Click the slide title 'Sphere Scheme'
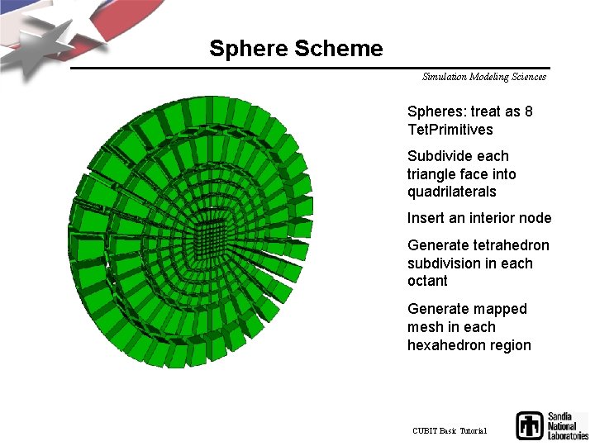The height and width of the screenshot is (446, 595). [x=296, y=49]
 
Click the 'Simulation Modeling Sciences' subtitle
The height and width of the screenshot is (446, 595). [x=483, y=77]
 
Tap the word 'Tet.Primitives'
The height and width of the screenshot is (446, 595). [x=450, y=130]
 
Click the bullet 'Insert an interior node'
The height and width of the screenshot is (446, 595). [x=479, y=219]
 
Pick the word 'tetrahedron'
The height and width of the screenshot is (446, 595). [x=512, y=245]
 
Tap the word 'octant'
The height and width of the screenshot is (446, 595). [x=427, y=281]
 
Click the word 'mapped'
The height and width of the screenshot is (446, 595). [x=500, y=309]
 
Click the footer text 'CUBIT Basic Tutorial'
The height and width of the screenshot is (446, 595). [x=450, y=431]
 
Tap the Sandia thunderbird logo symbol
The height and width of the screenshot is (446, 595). [x=529, y=425]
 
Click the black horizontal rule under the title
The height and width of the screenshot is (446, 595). [x=310, y=68]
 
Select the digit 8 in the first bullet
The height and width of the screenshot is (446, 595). [x=528, y=111]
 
